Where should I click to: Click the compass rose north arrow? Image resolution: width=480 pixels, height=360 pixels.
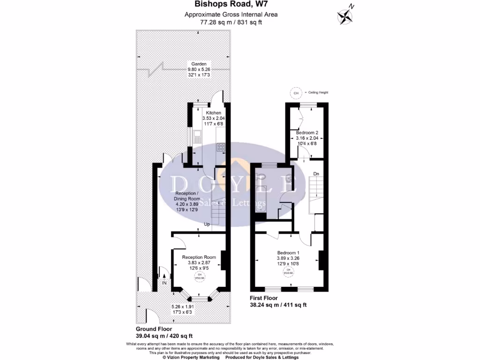(345, 16)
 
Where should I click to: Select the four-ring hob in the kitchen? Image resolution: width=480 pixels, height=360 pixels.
(220, 147)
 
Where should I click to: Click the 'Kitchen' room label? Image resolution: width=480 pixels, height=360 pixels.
(213, 113)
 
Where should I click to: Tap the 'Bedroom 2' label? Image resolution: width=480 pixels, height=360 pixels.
(307, 133)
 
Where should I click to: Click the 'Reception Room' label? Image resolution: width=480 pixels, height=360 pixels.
(199, 257)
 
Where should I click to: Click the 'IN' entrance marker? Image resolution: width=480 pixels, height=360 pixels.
(164, 283)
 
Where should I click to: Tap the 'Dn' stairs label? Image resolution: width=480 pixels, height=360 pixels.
(316, 174)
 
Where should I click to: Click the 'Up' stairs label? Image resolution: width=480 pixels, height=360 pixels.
(207, 224)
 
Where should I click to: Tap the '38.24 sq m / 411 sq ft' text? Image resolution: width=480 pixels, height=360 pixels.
(279, 305)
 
